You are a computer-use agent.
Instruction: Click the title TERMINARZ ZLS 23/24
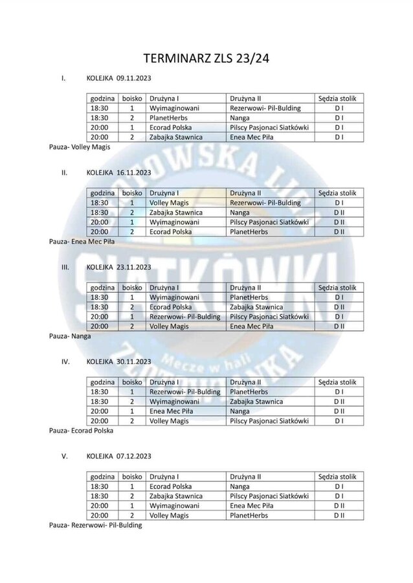[206, 58]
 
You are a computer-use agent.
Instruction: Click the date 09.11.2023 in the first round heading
[133, 78]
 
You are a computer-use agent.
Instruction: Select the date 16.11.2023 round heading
[133, 173]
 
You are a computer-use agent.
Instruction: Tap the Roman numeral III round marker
[65, 267]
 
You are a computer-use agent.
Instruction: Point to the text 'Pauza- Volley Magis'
[80, 146]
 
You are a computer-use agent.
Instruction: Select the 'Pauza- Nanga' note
[70, 336]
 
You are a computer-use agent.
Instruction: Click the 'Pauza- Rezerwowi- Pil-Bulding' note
[95, 525]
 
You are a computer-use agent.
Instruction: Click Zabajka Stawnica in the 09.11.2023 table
[176, 137]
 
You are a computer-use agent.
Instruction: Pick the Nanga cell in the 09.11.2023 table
[240, 118]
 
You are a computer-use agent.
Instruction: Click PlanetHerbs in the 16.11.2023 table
[249, 232]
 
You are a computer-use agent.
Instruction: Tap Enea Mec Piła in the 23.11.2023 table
[252, 326]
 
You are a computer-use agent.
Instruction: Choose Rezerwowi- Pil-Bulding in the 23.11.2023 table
[185, 317]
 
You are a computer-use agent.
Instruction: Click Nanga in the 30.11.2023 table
[240, 411]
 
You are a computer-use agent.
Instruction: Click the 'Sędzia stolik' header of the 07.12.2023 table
[337, 476]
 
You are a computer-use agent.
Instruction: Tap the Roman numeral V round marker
[65, 456]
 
